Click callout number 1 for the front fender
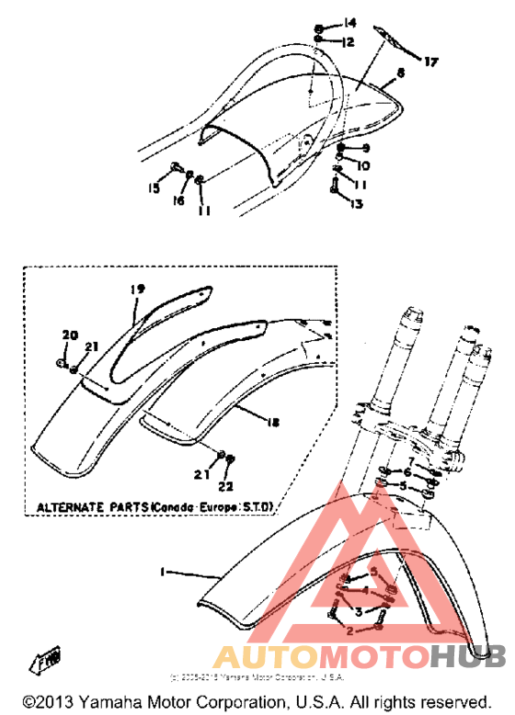click(162, 572)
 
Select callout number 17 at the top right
click(431, 62)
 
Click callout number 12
click(349, 42)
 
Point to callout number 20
click(65, 334)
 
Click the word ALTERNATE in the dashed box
click(73, 507)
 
